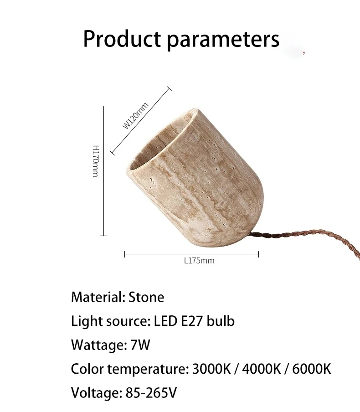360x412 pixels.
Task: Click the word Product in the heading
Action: click(x=122, y=39)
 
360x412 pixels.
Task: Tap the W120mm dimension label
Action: click(x=135, y=116)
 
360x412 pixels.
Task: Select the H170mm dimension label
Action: click(x=96, y=161)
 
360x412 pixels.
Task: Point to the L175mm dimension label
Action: click(x=199, y=261)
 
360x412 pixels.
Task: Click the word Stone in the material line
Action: click(x=146, y=298)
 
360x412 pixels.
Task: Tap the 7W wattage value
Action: click(x=140, y=345)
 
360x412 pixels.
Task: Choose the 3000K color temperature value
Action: click(x=211, y=369)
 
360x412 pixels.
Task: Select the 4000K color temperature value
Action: click(x=262, y=369)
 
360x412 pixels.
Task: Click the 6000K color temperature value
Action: click(x=312, y=369)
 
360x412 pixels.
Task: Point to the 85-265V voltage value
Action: click(x=151, y=393)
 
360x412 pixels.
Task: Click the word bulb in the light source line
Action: click(x=221, y=321)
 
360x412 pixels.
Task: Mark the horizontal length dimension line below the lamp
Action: click(x=191, y=254)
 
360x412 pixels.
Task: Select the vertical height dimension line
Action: click(x=103, y=171)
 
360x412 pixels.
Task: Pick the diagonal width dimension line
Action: click(x=141, y=121)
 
